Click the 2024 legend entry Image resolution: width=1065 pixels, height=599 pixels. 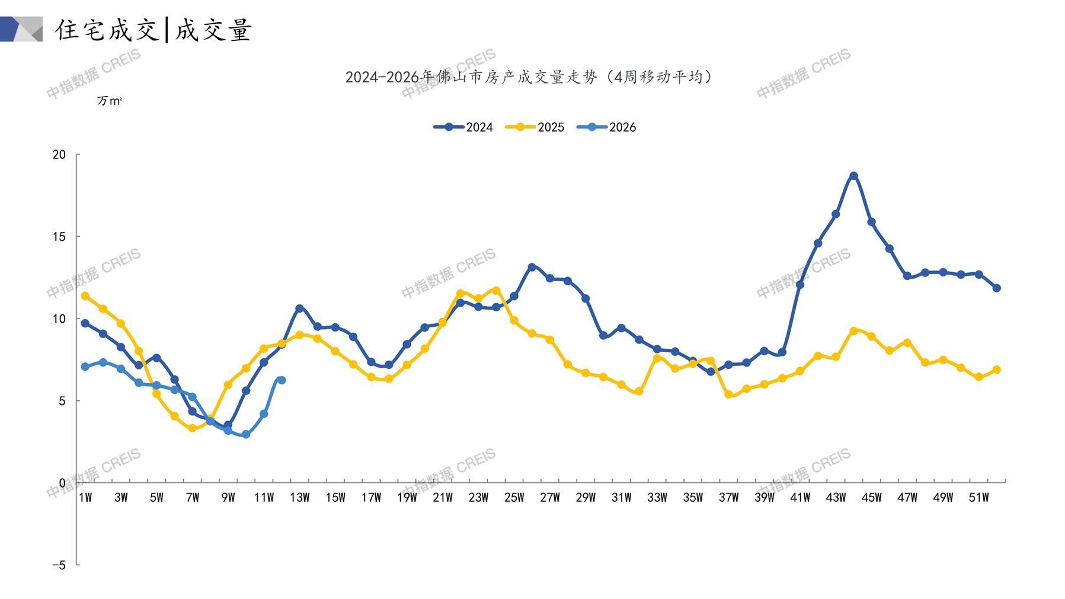pos(463,127)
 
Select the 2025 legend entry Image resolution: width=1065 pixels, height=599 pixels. pos(535,127)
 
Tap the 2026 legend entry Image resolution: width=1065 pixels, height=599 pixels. pos(606,127)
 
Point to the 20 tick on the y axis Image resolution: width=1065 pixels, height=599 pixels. pos(59,155)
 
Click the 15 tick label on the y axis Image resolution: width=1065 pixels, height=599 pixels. pos(59,237)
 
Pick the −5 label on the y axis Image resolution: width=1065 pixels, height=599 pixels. pos(59,565)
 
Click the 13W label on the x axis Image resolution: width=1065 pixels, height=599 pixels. pos(299,498)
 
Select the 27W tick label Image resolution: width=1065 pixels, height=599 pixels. pos(549,498)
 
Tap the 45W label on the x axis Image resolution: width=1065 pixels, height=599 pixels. pos(871,498)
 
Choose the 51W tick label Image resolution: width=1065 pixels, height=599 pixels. pos(978,498)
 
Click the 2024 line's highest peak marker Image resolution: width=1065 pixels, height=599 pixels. pos(853,176)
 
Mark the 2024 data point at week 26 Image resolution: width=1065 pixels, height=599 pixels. pos(532,267)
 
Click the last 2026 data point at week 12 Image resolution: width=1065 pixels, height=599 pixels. pos(282,380)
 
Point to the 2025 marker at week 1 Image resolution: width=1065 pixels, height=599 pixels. pos(85,296)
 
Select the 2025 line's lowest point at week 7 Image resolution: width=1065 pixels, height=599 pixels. pos(192,428)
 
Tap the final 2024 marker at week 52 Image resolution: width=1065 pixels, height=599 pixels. pos(996,288)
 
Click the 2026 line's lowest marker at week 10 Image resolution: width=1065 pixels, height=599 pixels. pos(246,435)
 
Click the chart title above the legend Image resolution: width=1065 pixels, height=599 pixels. pos(529,77)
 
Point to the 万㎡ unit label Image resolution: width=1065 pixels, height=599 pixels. pos(109,101)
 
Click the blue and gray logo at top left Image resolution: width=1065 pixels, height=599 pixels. pos(21,29)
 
